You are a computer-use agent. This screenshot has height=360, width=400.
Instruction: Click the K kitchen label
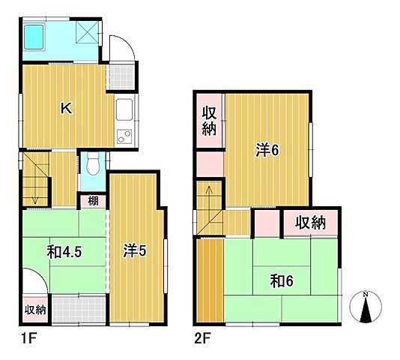67,108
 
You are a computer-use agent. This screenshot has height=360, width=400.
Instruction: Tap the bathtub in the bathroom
34,37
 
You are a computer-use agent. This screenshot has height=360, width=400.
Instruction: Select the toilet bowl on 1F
93,164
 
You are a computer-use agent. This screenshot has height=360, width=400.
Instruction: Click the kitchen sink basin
124,109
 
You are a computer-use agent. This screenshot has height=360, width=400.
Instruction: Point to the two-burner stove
124,136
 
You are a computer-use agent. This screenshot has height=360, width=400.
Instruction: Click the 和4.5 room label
64,252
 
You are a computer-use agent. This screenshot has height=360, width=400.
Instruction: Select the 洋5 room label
135,250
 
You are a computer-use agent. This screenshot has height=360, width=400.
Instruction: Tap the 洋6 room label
268,150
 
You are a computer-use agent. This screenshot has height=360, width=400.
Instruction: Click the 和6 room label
282,280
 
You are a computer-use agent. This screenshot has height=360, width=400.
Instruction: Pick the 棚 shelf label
93,201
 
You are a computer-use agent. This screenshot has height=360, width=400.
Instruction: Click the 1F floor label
28,339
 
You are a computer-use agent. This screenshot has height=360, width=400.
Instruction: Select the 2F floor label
202,339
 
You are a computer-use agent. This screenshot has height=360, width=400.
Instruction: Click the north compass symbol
366,306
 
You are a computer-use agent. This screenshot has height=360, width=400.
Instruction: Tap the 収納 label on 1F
35,310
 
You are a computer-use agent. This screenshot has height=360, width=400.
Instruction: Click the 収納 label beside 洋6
209,121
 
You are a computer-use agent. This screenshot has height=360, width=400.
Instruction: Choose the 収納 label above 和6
310,223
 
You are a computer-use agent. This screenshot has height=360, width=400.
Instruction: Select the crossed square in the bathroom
87,32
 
